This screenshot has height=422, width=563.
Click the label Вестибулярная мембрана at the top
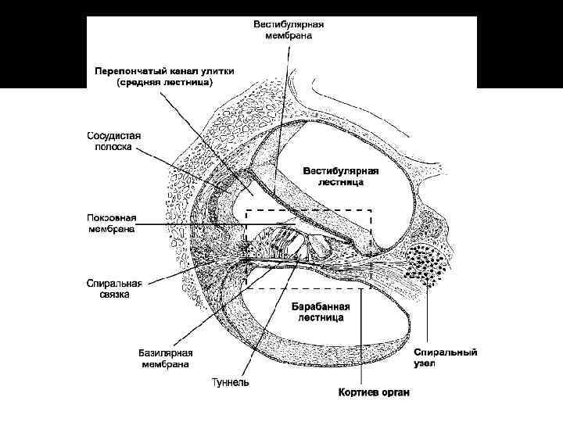[x=289, y=30]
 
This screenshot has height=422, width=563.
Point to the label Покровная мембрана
[x=111, y=224]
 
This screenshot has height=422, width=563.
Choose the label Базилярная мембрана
[x=166, y=359]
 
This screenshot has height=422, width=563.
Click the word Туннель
[x=231, y=382]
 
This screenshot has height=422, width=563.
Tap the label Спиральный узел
[x=446, y=358]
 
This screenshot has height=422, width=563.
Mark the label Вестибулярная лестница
[x=341, y=176]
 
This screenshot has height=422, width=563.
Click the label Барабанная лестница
[x=320, y=312]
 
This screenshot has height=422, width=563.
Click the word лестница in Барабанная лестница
[x=320, y=318]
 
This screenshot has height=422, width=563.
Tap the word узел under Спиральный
[x=426, y=364]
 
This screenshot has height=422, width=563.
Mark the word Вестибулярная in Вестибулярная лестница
[x=341, y=170]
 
